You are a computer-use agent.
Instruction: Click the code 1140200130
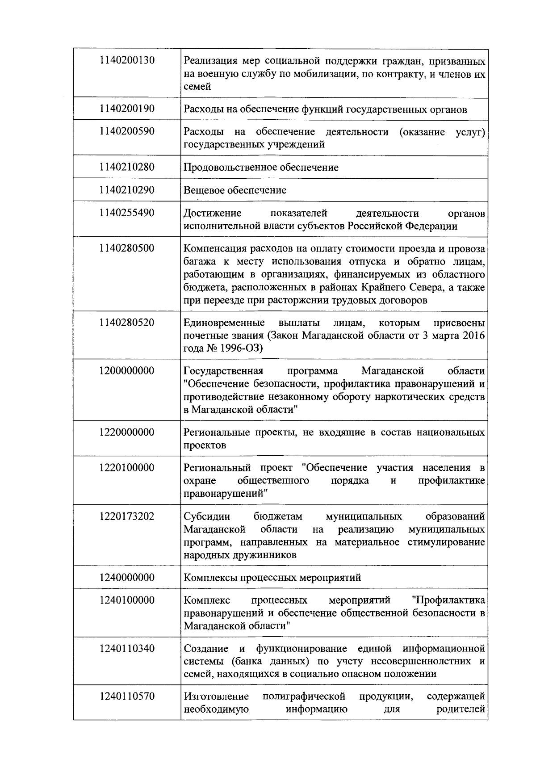pos(127,60)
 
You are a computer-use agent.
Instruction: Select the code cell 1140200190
pos(127,109)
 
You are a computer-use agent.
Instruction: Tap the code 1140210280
pos(127,167)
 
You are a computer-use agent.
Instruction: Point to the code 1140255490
pos(127,213)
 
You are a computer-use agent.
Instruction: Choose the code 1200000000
pos(127,371)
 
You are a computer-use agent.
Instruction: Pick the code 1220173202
pos(127,516)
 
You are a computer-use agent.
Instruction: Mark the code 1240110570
pos(127,696)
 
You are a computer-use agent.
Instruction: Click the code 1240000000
pos(127,577)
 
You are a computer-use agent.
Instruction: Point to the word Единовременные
pos(224,323)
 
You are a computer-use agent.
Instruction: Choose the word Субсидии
pos(207,517)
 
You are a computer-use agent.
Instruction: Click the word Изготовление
pos(216,697)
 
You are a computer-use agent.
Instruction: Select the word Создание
pos(206,649)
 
